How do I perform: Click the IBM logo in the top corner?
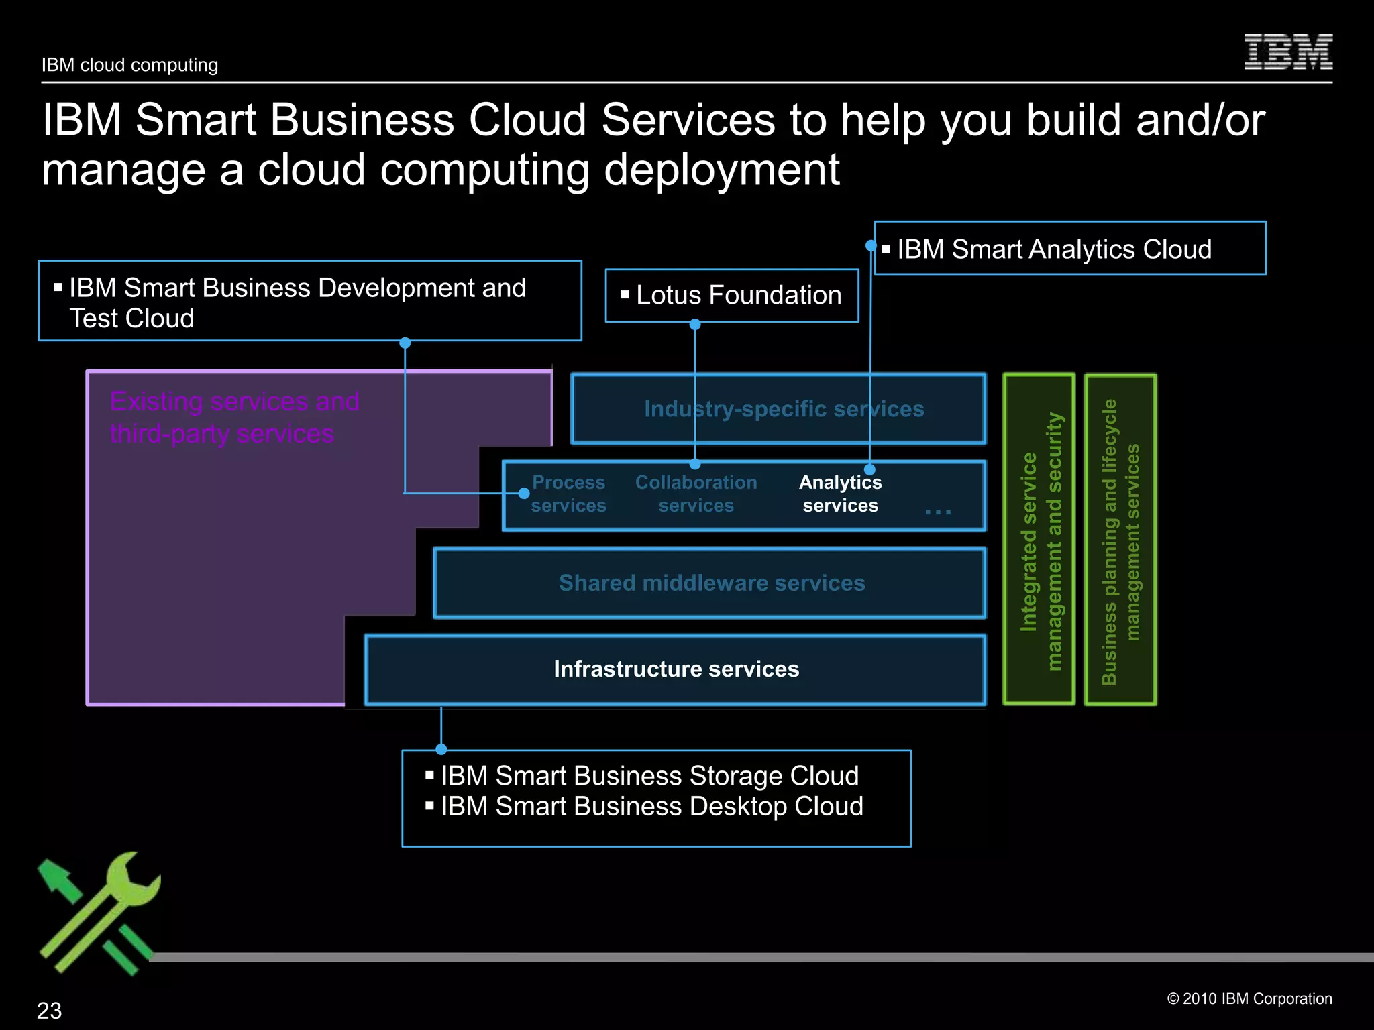coord(1287,52)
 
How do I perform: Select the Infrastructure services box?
coord(676,669)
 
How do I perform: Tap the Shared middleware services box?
coord(711,583)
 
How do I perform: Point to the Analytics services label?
coord(840,494)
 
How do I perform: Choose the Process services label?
coord(568,494)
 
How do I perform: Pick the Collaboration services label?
coord(696,494)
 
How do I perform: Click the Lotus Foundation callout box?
coord(732,296)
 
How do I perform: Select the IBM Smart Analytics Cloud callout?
coord(1069,249)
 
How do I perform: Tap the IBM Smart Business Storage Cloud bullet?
coord(649,776)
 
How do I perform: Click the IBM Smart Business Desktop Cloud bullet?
coord(651,806)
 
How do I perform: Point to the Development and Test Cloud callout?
coord(310,301)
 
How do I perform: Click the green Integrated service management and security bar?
coord(1039,540)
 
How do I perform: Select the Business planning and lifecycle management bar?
coord(1120,540)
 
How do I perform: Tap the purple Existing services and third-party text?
coord(234,417)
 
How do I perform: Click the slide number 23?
coord(49,1010)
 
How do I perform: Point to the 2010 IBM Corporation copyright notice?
coord(1249,998)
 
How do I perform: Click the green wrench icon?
coord(101,912)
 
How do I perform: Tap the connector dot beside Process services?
coord(524,494)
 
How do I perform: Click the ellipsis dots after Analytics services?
coord(937,512)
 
